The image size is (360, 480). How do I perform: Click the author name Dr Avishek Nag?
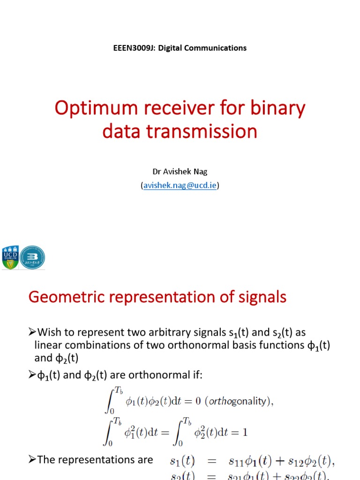click(180, 172)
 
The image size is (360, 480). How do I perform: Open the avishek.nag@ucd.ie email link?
click(180, 186)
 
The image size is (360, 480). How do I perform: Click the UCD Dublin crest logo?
click(11, 257)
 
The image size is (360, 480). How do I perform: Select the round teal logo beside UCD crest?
click(33, 257)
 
